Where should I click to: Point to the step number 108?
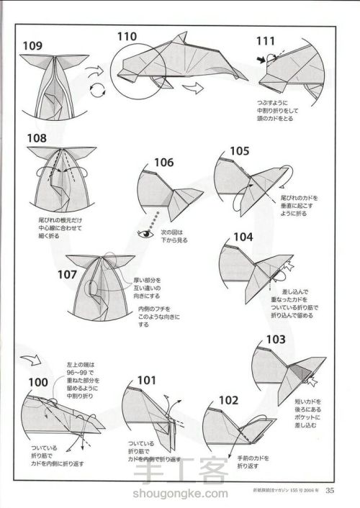tap(37, 139)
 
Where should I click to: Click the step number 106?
tap(166, 163)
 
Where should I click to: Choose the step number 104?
tap(244, 237)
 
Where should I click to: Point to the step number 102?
tap(229, 400)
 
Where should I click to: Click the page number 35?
tap(330, 491)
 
